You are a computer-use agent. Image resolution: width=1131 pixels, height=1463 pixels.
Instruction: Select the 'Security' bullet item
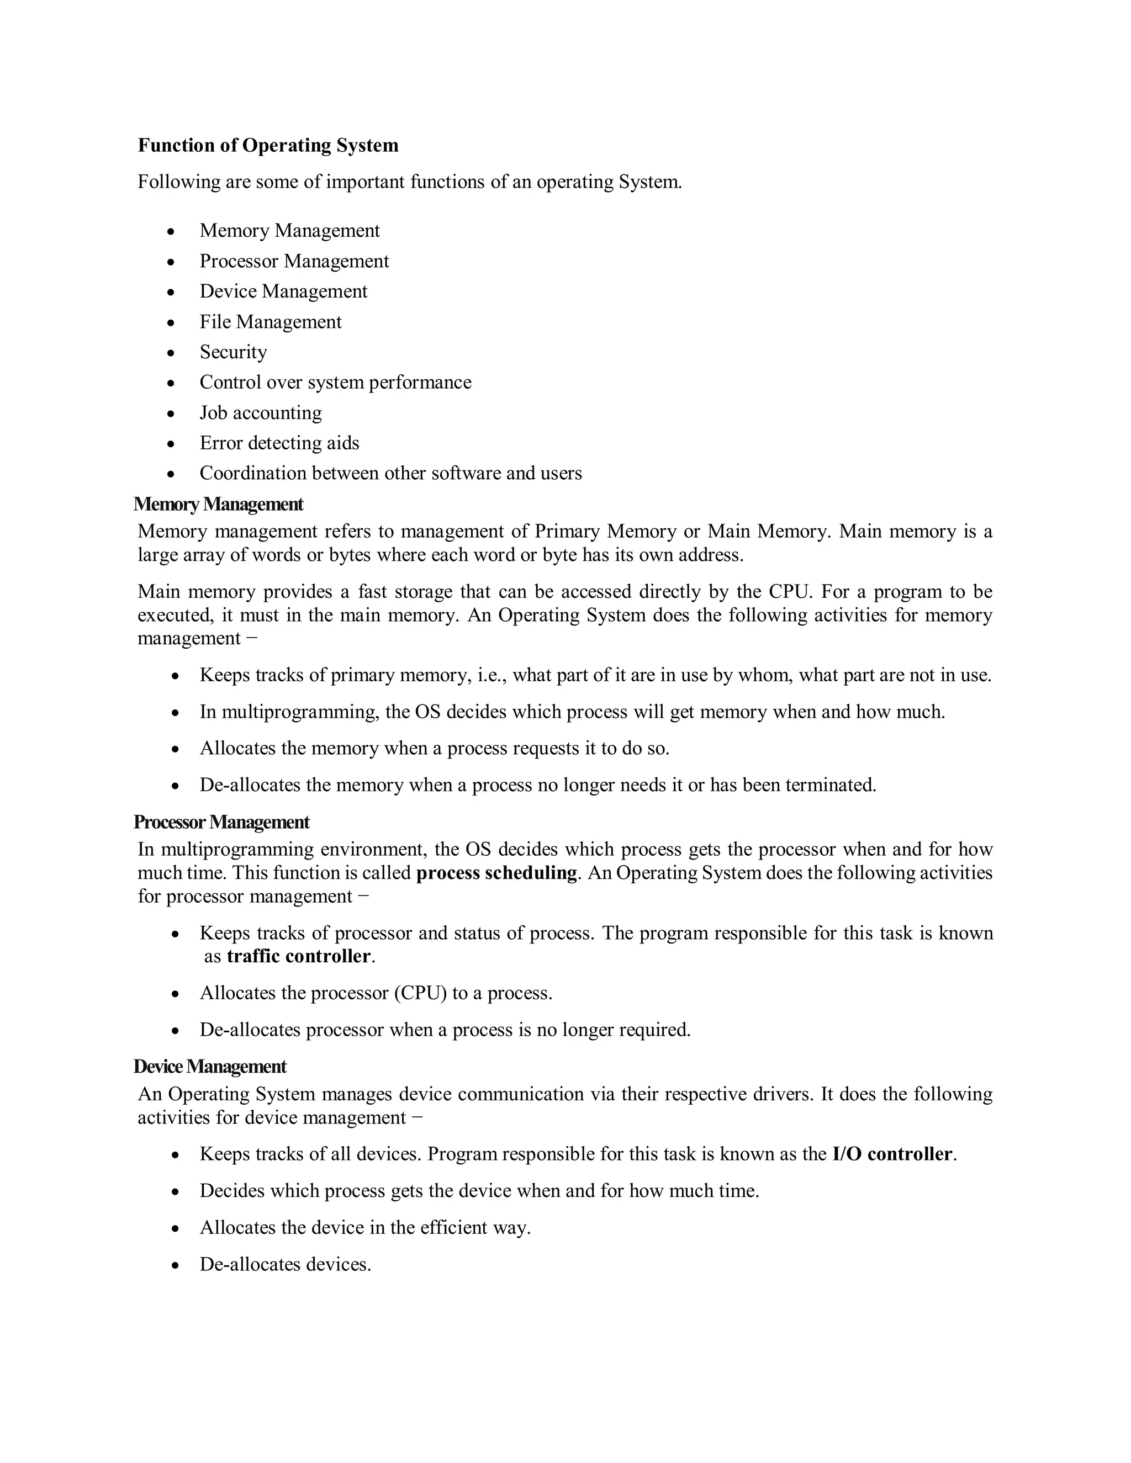point(233,352)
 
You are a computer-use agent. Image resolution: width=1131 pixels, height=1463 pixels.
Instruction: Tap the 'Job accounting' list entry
point(261,412)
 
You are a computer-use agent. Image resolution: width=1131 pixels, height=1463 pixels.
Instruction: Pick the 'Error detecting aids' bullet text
point(279,443)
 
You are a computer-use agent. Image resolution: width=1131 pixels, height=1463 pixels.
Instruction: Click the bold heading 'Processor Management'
point(221,822)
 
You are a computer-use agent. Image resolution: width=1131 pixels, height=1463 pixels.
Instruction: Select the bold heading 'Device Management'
point(210,1067)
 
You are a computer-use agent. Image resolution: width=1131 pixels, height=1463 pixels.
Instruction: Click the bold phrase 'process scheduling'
point(496,873)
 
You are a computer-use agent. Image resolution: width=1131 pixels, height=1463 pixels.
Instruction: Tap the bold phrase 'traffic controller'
point(299,956)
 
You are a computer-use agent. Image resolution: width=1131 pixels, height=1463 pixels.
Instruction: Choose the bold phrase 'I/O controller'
point(892,1154)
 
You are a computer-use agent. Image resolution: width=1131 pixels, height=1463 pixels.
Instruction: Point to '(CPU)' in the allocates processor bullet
point(420,993)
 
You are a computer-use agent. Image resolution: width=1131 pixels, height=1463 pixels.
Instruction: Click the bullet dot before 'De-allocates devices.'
point(175,1265)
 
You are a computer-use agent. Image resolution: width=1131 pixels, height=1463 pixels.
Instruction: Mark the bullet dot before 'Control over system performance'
point(172,383)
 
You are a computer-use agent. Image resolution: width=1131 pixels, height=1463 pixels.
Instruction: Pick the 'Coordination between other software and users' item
point(390,473)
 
